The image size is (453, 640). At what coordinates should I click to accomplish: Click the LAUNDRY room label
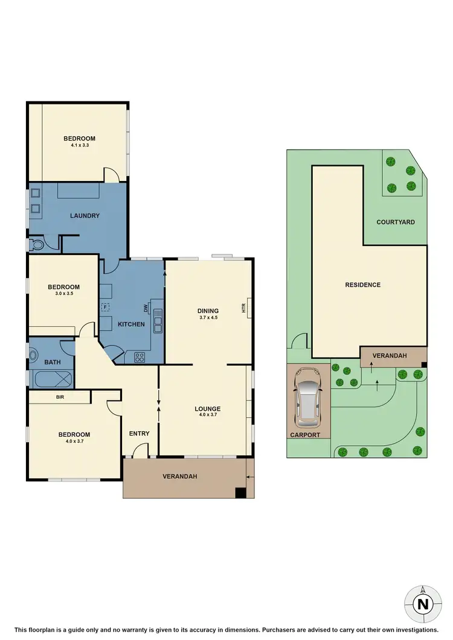click(85, 215)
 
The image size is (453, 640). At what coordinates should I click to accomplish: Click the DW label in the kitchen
click(146, 308)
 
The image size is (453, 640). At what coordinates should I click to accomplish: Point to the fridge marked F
click(105, 307)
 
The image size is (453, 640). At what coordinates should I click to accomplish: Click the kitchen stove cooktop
click(139, 356)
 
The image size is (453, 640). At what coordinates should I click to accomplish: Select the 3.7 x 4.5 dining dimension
click(208, 317)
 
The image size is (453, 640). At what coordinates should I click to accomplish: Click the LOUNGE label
click(207, 408)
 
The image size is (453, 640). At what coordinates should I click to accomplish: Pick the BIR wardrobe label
click(59, 398)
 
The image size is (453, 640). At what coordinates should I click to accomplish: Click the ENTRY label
click(140, 433)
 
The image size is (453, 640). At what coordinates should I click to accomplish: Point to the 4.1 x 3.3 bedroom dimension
click(79, 145)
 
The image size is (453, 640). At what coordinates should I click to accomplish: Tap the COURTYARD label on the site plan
click(396, 222)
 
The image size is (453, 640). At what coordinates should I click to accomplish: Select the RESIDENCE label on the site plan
click(362, 285)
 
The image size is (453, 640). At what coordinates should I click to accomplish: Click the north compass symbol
click(423, 603)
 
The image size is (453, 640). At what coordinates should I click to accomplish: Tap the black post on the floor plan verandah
click(240, 493)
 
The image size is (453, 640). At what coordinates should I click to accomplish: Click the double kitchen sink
click(158, 320)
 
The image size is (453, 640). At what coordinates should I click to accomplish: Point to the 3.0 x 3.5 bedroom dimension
click(63, 295)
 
